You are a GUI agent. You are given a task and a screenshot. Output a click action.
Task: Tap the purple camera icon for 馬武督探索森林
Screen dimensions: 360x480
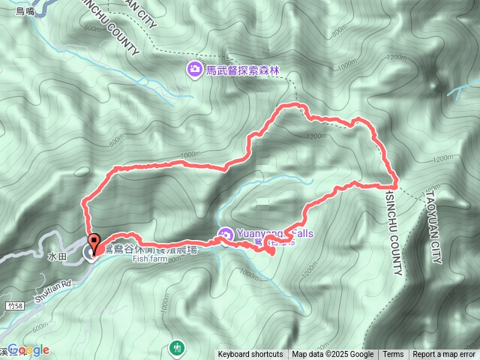193,70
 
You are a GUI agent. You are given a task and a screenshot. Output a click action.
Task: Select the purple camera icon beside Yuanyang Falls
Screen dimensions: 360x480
225,235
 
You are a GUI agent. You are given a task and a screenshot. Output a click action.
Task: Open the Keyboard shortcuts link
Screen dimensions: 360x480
250,355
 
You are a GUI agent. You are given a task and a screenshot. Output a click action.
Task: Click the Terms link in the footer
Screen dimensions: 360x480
393,355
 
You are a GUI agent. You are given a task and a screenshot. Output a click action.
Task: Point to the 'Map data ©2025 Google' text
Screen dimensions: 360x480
333,355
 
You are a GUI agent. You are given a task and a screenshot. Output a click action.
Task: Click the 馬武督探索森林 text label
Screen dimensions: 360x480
242,70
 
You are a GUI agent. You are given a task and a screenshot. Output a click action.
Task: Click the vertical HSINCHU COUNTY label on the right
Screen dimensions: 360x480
394,232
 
